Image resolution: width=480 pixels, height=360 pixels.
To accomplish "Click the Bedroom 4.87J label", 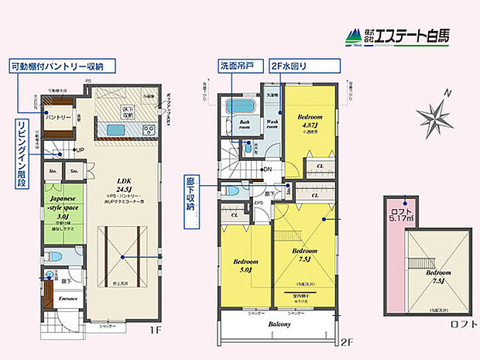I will tap(310, 121).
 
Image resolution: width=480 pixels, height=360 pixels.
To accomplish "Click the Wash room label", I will tap(273, 124).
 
